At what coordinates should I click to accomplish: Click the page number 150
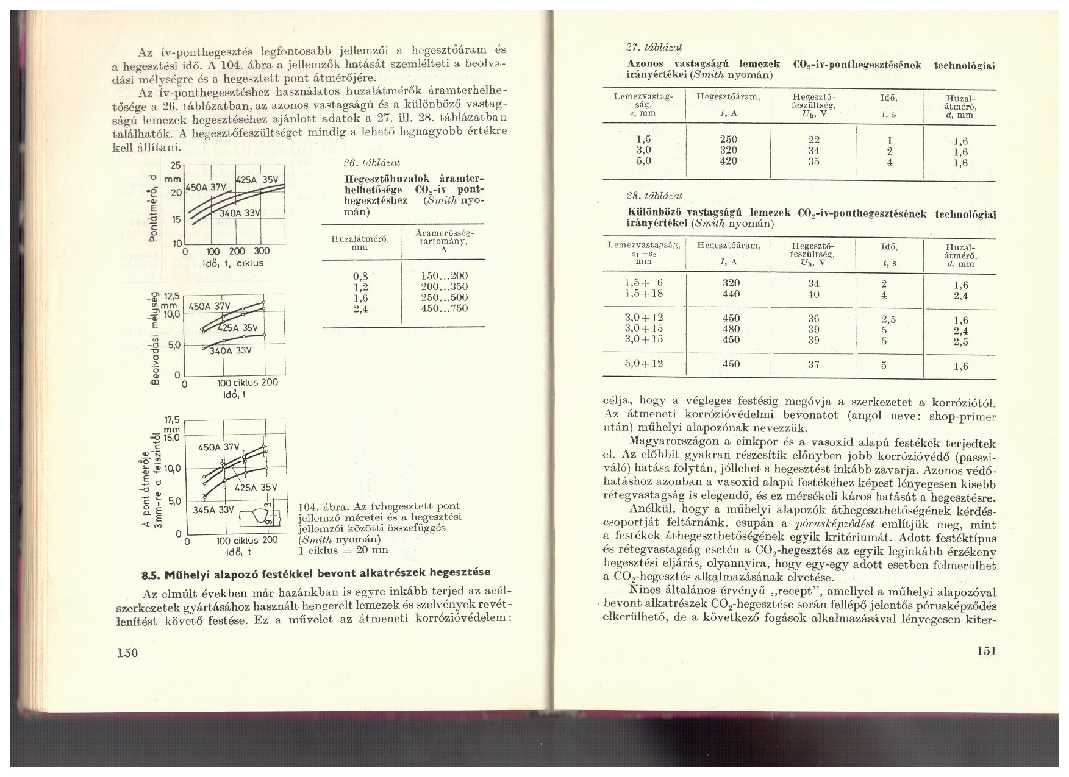(128, 653)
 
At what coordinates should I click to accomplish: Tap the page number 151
(985, 650)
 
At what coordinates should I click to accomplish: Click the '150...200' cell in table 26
(444, 276)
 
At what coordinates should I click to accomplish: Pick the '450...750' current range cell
(444, 308)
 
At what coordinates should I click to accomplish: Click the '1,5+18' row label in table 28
(644, 294)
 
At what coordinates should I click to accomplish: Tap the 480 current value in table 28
(730, 329)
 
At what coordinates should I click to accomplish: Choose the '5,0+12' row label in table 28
(644, 364)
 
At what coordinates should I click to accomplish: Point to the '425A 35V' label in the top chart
(257, 180)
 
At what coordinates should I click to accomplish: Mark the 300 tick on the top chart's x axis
(261, 252)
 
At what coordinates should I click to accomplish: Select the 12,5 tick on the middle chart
(172, 296)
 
